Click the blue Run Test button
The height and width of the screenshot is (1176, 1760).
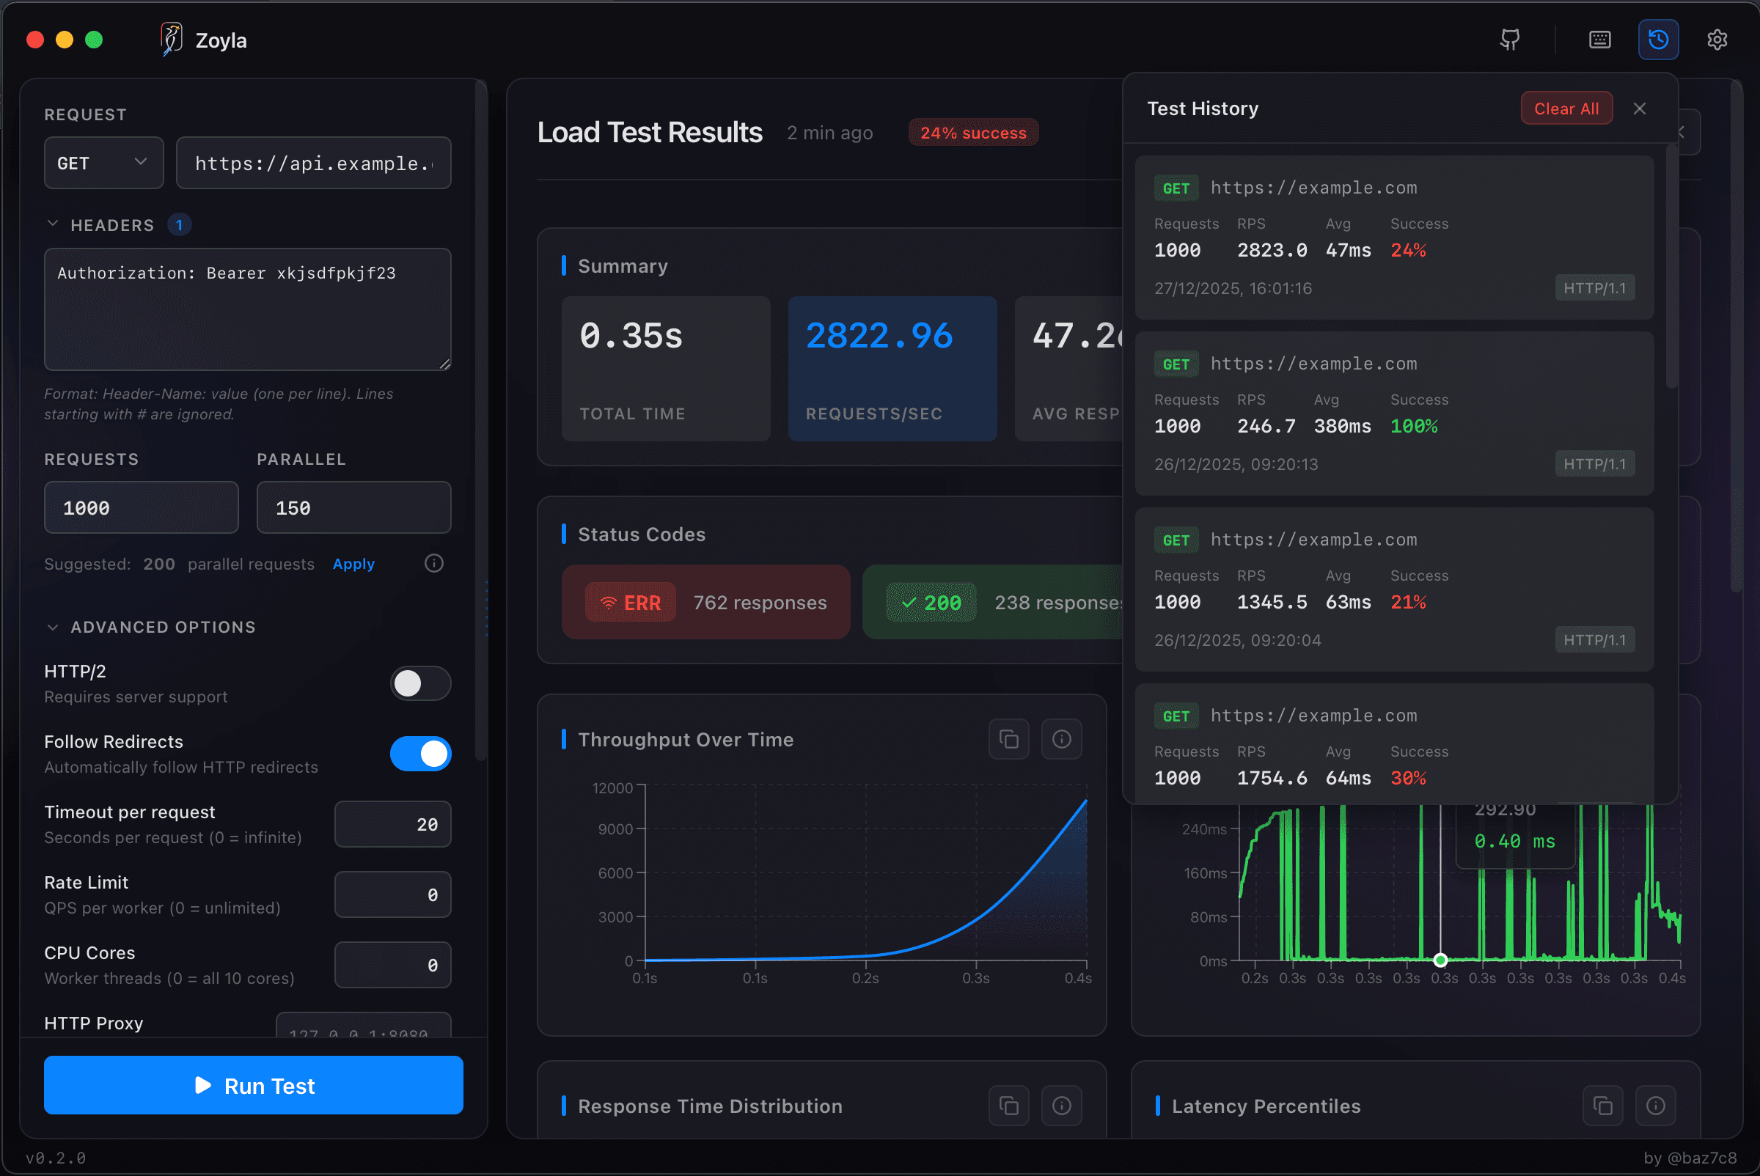pos(253,1084)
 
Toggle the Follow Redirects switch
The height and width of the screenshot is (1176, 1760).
pos(420,754)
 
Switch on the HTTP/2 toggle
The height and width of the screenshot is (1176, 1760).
pos(420,683)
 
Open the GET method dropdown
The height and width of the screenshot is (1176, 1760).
pos(103,163)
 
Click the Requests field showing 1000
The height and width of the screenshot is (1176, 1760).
pos(141,508)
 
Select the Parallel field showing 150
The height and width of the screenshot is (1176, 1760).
pos(353,508)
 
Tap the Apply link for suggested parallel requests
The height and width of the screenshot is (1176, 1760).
pos(353,564)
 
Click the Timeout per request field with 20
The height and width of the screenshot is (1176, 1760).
pos(392,824)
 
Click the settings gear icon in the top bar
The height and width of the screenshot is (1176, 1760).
pos(1717,40)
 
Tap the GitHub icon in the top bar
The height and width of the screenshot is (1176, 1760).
pos(1509,40)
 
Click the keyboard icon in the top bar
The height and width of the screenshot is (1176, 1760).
pos(1599,40)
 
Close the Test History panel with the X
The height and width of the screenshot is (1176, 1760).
pos(1639,109)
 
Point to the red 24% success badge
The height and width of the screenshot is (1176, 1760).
pos(973,133)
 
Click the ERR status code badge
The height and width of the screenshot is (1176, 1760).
pos(630,602)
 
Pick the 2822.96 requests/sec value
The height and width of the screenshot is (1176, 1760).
pos(879,336)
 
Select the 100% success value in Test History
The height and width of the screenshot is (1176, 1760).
pos(1413,426)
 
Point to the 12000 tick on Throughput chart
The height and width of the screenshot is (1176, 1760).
pos(612,787)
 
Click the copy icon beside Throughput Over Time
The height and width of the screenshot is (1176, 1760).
pos(1008,740)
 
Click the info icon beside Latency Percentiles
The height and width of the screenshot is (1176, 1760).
pos(1655,1106)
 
